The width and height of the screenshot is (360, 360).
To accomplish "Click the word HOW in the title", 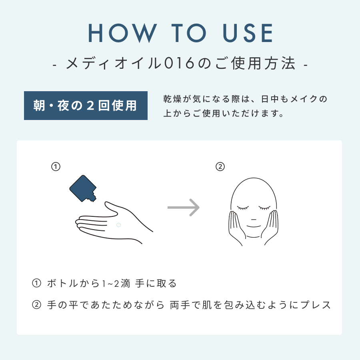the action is (x=123, y=33).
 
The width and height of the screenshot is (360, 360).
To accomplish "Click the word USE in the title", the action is (x=248, y=33).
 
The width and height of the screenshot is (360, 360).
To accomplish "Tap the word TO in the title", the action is (x=189, y=33).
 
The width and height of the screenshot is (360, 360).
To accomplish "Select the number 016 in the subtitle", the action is (x=179, y=63).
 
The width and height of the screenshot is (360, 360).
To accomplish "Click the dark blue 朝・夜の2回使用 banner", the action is (x=86, y=106).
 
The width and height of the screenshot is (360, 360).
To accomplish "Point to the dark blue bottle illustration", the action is (x=83, y=188).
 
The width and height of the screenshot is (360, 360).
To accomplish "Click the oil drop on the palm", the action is (x=118, y=225).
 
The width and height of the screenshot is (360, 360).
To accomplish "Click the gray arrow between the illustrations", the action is (x=184, y=208).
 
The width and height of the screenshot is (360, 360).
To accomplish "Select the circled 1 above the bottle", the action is (x=56, y=167).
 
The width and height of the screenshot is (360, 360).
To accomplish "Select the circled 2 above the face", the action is (x=220, y=167).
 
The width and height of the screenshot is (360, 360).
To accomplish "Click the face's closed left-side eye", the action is (x=243, y=208).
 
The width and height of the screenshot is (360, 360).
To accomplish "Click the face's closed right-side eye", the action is (x=264, y=208).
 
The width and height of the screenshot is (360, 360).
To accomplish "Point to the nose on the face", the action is (x=254, y=220).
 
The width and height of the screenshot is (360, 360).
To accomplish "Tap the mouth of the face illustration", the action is (x=254, y=227).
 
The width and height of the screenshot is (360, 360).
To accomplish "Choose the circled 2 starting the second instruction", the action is (x=36, y=305).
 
